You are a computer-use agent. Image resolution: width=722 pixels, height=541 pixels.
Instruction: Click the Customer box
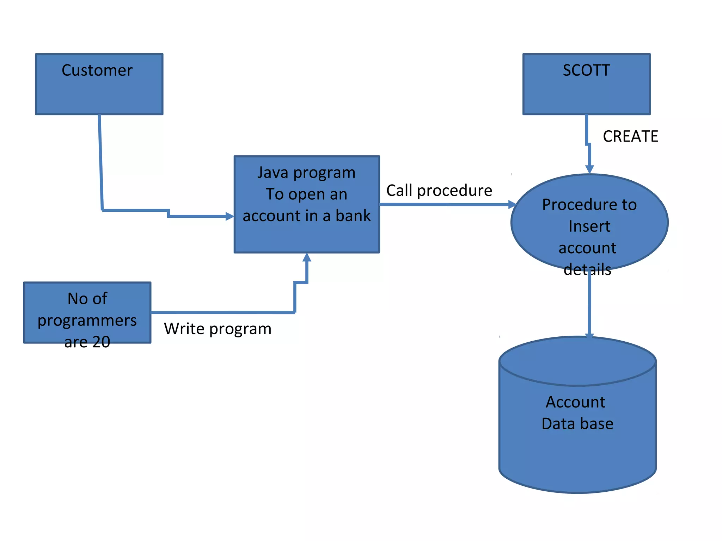pos(99,84)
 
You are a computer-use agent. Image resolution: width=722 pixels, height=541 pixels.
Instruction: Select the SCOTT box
pos(586,84)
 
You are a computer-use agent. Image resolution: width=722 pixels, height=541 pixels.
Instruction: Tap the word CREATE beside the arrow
pos(630,136)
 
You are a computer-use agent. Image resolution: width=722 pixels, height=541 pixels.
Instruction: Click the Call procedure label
pos(439,191)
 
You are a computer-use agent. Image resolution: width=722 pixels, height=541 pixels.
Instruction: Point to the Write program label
pos(218,329)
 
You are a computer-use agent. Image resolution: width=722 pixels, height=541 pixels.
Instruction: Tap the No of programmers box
pos(87,312)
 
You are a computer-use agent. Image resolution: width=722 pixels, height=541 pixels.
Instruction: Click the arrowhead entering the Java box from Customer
pos(230,216)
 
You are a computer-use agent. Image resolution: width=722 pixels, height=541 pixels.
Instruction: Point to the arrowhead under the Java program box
pos(307,258)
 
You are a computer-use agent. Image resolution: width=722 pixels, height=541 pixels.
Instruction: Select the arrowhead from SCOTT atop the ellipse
pos(589,169)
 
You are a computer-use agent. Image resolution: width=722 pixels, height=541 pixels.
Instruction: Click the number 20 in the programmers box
pos(101,342)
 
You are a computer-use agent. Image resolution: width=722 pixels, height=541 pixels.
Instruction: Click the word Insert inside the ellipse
pos(589,226)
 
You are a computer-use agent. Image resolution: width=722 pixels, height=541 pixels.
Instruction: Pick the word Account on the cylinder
pos(575,402)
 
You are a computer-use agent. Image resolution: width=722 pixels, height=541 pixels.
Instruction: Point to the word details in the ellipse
pos(587,269)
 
